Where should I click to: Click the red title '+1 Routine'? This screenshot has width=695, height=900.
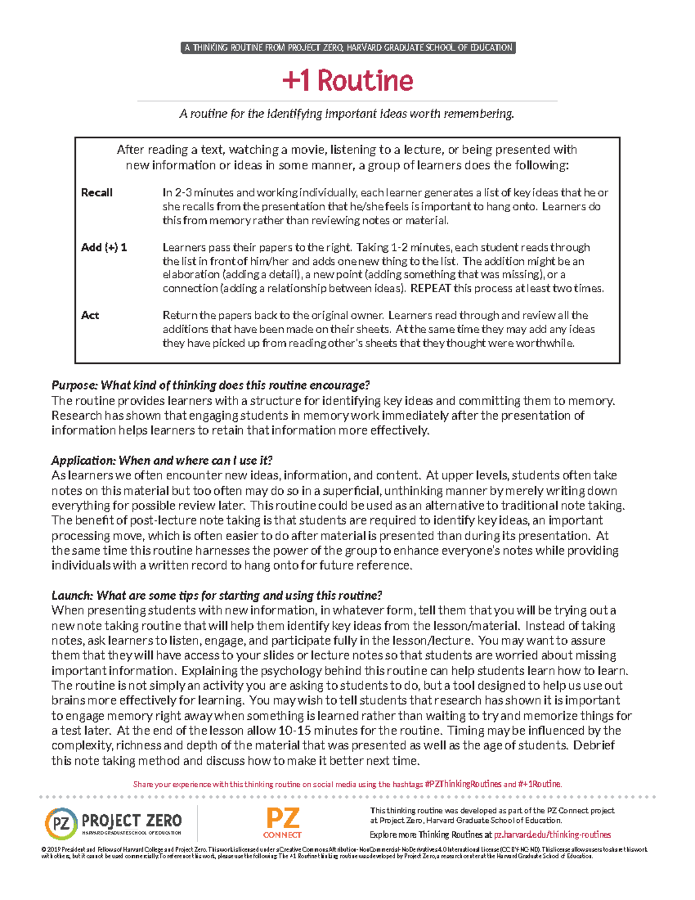coord(348,81)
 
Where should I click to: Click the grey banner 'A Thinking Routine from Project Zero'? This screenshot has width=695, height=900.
coord(348,48)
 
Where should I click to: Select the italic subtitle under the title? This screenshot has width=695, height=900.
coord(346,114)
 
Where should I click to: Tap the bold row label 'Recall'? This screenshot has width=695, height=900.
coord(97,192)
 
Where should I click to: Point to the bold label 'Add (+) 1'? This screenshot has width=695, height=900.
coord(104,247)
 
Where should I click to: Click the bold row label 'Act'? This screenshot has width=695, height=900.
coord(90,315)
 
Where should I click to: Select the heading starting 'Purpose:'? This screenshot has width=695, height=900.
coord(210,385)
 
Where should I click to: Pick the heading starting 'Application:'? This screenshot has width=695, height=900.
coord(162,461)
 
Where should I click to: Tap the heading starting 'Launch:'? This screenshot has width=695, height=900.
coord(217,596)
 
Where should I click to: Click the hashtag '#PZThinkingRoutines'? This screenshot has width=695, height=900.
coord(463,784)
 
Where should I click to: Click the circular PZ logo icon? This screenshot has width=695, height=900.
coord(60,824)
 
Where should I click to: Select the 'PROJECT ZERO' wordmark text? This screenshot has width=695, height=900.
coord(132,821)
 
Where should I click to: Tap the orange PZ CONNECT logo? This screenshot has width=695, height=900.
coord(282,824)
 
